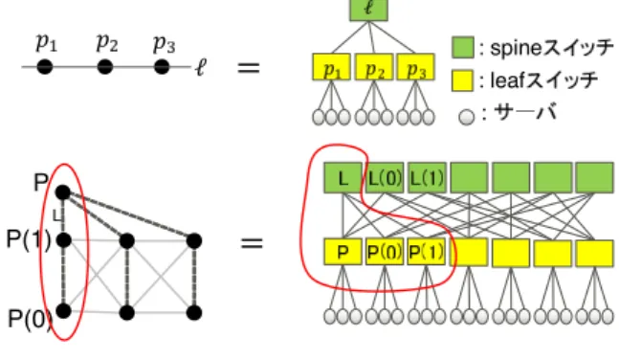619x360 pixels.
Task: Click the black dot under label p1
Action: coord(45,67)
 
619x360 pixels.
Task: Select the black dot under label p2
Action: coord(104,67)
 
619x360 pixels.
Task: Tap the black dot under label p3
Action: coord(162,67)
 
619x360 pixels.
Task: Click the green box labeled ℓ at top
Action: coord(368,10)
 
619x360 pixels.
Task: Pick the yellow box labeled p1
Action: coord(331,67)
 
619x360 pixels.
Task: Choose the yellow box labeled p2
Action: coord(374,67)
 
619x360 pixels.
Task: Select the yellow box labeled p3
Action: coord(415,67)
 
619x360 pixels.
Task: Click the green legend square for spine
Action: coord(463,48)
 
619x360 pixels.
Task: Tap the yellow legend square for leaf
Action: coord(463,80)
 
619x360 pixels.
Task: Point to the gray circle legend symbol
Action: coord(466,118)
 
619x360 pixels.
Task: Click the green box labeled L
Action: coord(343,178)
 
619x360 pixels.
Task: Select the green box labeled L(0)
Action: coord(385,178)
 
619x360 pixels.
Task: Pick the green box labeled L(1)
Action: coord(427,178)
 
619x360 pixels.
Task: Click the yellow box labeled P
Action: coord(343,252)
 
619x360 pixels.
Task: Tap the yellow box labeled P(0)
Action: coord(385,252)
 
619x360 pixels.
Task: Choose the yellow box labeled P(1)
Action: coord(427,252)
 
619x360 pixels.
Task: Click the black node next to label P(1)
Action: coord(63,240)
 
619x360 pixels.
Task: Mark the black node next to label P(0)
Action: coord(63,311)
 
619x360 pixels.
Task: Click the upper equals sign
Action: coord(249,68)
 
